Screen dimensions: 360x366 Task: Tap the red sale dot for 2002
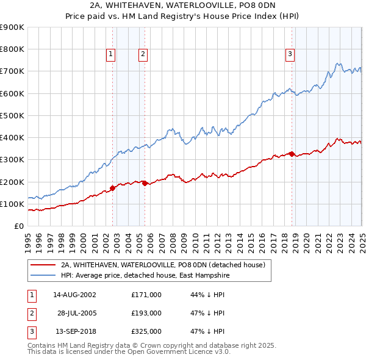point(112,188)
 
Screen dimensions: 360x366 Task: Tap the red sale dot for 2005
point(145,183)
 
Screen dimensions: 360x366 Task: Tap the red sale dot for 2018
point(292,154)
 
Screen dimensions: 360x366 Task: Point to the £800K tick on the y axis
point(12,49)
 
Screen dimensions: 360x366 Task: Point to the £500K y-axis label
point(12,115)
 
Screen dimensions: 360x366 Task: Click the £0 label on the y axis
point(19,226)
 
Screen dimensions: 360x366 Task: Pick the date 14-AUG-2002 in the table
point(74,295)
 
